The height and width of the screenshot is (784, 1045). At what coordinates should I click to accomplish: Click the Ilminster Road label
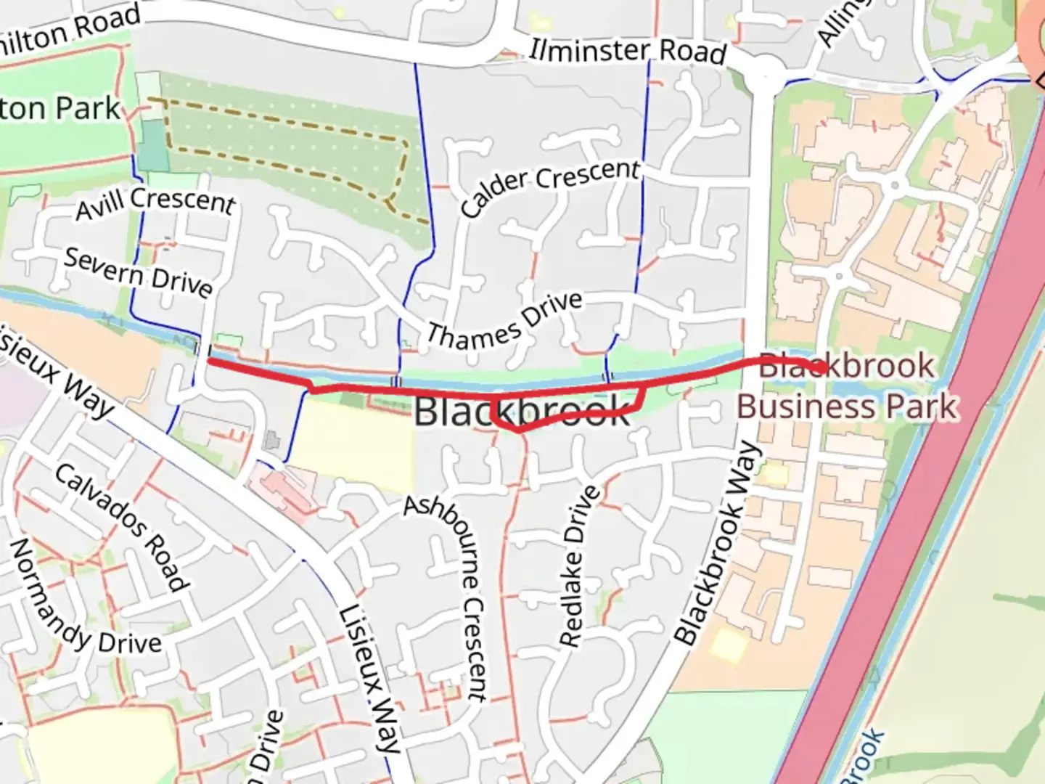627,51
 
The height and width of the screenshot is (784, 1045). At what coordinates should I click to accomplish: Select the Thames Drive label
505,322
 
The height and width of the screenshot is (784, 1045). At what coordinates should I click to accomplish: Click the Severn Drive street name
139,272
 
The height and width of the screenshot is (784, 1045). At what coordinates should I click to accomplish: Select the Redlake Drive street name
581,566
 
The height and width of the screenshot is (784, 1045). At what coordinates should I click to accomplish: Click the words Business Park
847,407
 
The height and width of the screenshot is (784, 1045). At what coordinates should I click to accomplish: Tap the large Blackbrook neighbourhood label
521,412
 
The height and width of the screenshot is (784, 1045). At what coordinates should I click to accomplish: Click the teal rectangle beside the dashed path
153,146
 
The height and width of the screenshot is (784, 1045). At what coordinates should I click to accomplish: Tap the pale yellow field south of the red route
356,443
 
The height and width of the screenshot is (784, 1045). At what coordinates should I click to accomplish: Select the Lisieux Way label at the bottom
371,679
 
